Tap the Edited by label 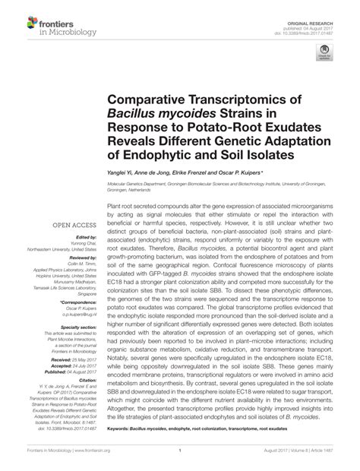pos(84,237)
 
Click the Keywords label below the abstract pos(122,430)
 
